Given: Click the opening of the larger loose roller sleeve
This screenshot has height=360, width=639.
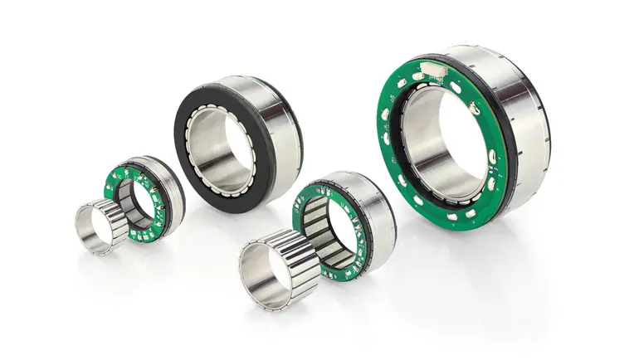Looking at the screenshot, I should pyautogui.click(x=264, y=274).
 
